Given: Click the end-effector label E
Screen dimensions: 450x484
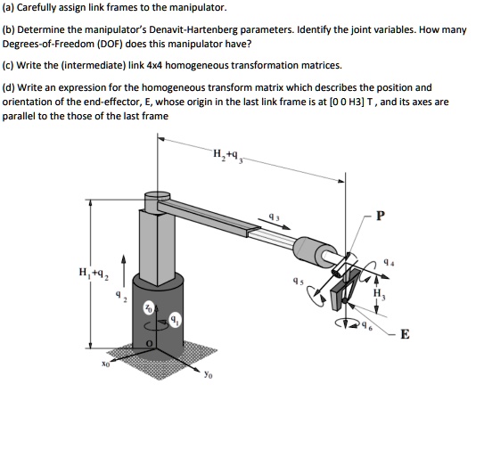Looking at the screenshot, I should pos(406,335).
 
